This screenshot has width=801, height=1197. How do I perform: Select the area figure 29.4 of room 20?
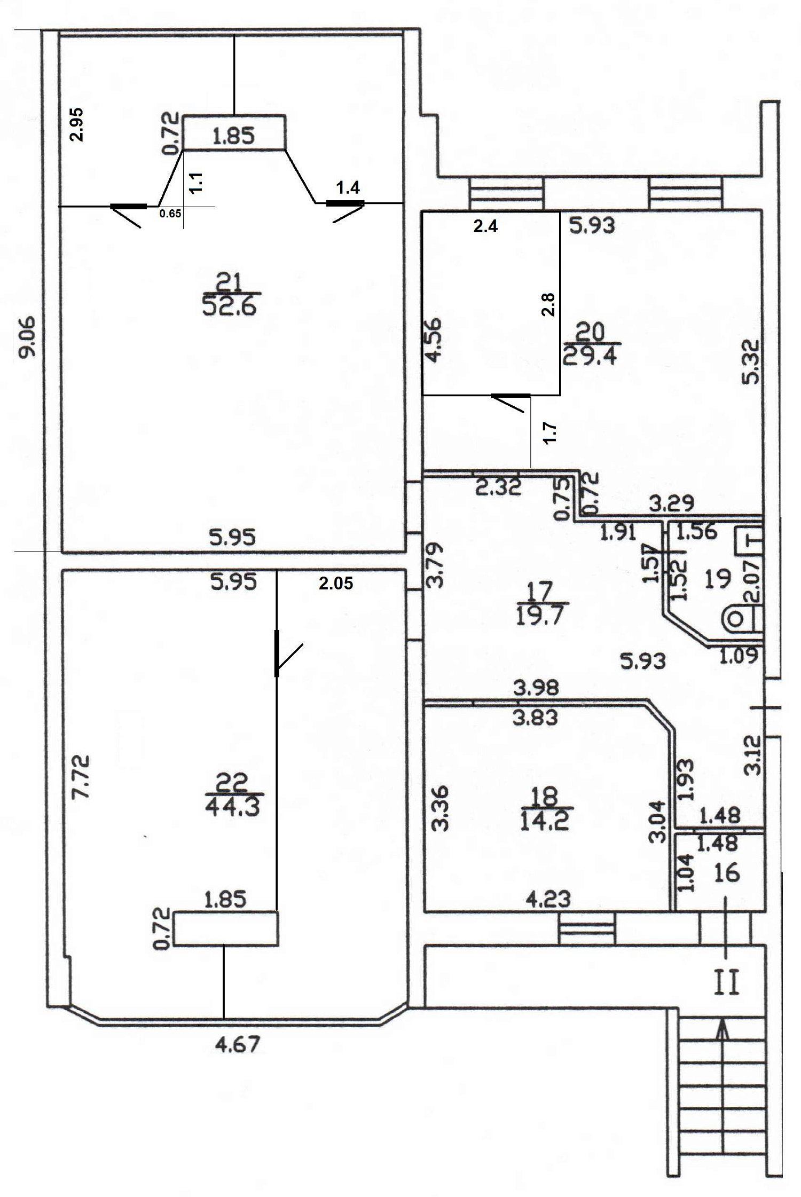pos(590,354)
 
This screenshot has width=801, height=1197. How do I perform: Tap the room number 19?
pos(717,578)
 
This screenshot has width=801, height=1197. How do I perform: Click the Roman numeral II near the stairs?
pos(727,984)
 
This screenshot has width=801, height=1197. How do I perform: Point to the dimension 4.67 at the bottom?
pos(238,1044)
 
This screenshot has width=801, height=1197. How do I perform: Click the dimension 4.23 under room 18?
pos(548,899)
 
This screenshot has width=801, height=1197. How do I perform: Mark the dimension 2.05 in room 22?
pos(336,583)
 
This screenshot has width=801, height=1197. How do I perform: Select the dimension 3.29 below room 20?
pos(672,502)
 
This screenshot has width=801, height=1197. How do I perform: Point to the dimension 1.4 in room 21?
pos(348,187)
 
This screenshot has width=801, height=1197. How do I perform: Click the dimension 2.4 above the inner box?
pos(486,226)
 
